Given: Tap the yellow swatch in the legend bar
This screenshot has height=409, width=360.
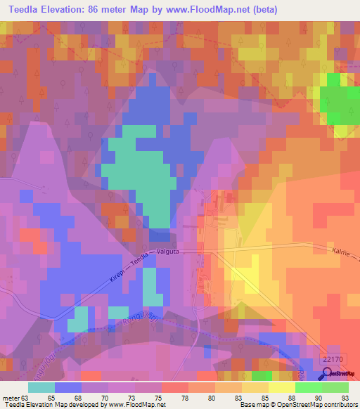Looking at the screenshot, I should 282,387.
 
